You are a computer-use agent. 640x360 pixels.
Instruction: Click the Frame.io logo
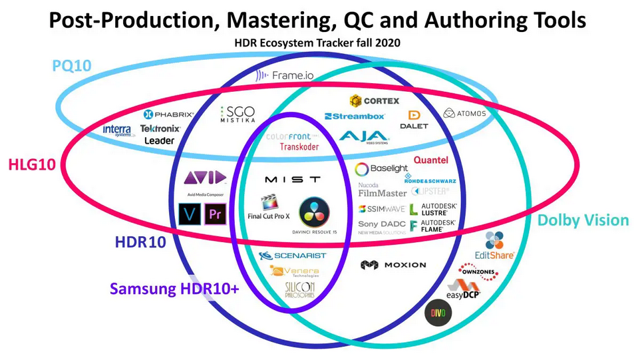tap(284, 75)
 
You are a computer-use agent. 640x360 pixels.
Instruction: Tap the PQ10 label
tap(73, 66)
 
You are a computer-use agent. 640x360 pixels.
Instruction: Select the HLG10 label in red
tap(33, 164)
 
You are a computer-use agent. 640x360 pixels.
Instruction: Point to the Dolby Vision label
tap(583, 220)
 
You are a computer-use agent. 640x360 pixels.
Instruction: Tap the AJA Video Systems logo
tap(364, 137)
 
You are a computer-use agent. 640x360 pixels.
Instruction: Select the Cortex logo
tap(374, 100)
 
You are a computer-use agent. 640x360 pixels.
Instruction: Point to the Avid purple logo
tap(204, 178)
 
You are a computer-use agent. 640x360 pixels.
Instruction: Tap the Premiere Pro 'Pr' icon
tap(214, 214)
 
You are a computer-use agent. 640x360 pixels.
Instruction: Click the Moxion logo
tap(393, 265)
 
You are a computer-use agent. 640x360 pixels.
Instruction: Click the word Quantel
tap(430, 160)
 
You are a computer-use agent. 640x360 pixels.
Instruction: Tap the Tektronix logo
tap(160, 128)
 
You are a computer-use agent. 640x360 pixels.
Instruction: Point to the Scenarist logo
tap(292, 256)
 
